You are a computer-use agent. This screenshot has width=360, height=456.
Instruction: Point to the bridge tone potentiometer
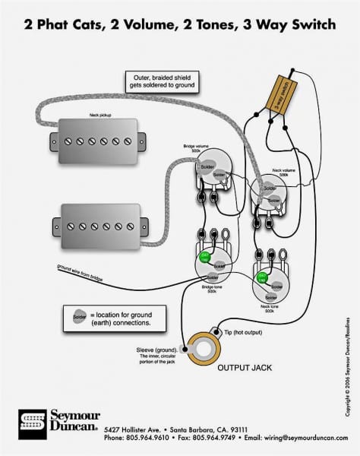point(216,265)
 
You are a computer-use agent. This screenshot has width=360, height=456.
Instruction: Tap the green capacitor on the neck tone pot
point(262,277)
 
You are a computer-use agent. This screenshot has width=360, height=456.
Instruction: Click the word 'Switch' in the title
point(311,24)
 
